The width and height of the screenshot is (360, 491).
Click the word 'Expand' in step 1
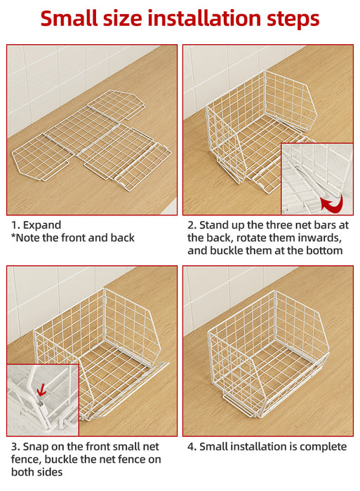[x=42, y=225]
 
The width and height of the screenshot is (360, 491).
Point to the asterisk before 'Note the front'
[x=13, y=236]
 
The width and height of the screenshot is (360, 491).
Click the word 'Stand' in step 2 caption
[x=214, y=225]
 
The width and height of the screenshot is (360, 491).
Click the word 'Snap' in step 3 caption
[x=34, y=447]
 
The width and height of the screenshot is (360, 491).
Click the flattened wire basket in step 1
[x=91, y=141]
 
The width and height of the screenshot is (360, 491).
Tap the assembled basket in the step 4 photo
[x=268, y=354]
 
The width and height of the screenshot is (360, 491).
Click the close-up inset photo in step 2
[x=317, y=179]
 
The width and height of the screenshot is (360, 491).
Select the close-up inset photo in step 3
[x=43, y=400]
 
